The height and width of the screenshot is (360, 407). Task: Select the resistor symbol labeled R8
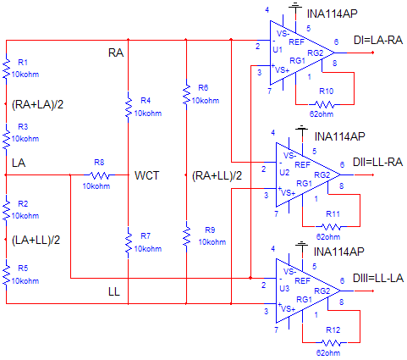click(100, 175)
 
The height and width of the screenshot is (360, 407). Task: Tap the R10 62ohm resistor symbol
click(324, 106)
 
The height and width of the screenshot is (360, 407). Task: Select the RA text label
click(117, 53)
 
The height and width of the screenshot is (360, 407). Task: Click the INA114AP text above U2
click(338, 136)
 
